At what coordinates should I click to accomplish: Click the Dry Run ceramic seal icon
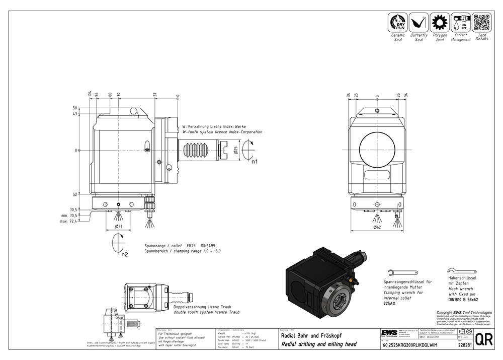[x=398, y=23]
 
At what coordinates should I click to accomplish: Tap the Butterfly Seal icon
[x=418, y=23]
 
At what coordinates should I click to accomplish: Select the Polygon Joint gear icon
[x=440, y=23]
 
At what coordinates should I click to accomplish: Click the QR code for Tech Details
[x=481, y=23]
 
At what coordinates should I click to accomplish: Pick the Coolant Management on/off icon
[x=461, y=23]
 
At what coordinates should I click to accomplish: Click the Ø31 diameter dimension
[x=119, y=227]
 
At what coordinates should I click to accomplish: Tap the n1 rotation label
[x=255, y=162]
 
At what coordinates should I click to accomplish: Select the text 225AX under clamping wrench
[x=389, y=304]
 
